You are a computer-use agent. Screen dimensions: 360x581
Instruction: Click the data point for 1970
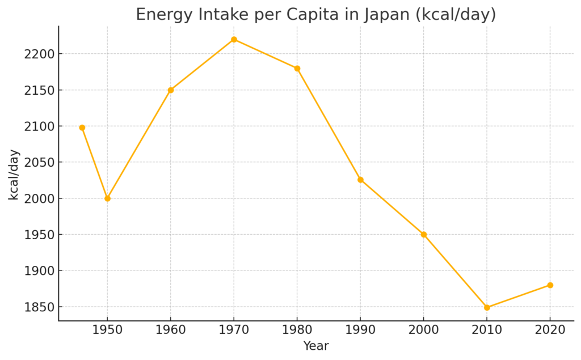tap(234, 40)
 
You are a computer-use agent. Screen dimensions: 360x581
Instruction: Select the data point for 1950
tap(107, 198)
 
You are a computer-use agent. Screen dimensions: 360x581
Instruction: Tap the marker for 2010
tap(487, 307)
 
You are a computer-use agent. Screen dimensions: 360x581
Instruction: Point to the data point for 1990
tap(360, 180)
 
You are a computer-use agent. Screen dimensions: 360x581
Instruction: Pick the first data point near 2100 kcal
tap(82, 128)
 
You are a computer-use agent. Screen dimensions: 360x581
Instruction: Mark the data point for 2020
tap(550, 285)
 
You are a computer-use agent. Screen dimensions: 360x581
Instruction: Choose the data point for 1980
tap(297, 69)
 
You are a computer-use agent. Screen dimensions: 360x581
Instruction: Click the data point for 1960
tap(170, 90)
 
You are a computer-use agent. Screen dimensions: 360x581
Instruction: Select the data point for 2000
tap(423, 234)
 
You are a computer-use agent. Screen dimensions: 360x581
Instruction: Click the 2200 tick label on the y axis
tap(39, 54)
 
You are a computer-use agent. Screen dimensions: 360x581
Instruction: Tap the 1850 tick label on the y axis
tap(39, 307)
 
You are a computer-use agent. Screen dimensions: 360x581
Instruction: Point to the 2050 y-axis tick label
tap(39, 163)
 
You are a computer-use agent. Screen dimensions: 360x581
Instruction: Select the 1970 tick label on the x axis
tap(234, 330)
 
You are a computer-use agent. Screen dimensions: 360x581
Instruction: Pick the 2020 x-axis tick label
tap(550, 330)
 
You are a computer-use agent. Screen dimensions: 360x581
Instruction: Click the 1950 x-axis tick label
tap(107, 330)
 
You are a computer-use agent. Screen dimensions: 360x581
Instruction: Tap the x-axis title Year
tap(315, 346)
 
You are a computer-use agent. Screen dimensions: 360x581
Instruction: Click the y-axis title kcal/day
tap(14, 174)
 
